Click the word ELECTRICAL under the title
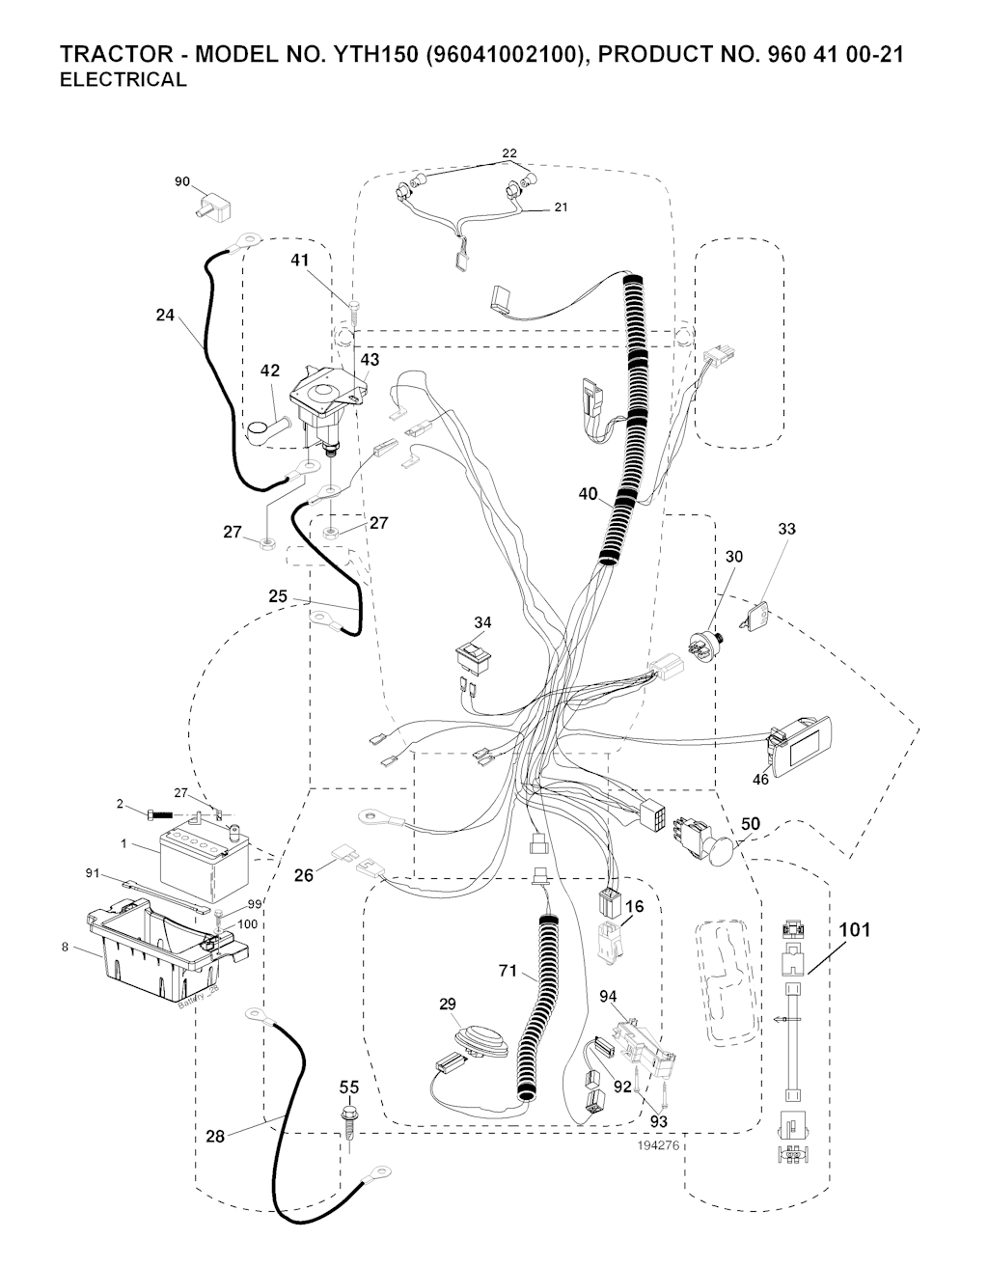click(123, 80)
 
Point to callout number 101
click(854, 930)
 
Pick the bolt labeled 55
click(349, 1122)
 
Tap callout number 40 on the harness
click(589, 495)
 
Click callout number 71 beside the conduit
click(508, 972)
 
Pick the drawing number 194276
click(660, 1145)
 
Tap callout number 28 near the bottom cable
click(215, 1137)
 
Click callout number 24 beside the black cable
click(166, 315)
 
